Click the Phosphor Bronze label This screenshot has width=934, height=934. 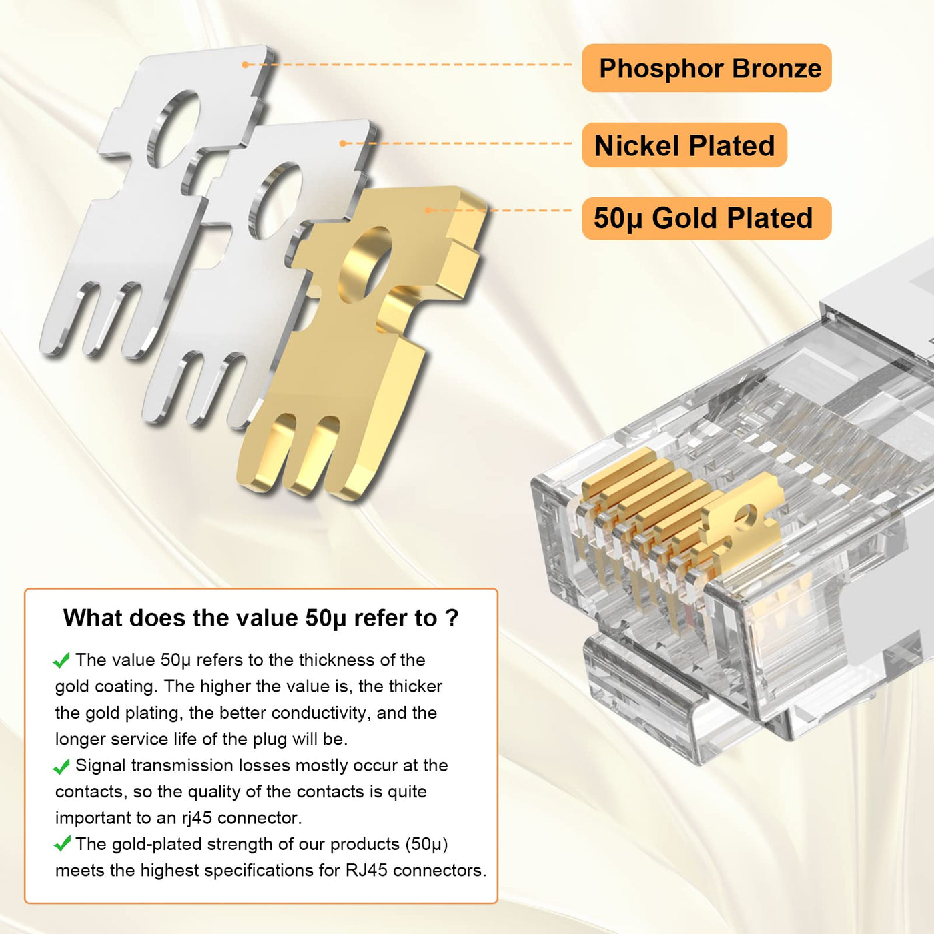tap(707, 68)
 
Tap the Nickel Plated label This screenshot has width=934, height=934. tap(684, 145)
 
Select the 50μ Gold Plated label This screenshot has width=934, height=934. tap(707, 218)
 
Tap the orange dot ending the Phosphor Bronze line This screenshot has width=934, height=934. tap(246, 65)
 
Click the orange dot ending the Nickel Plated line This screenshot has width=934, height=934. tap(343, 143)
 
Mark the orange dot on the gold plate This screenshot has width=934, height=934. tap(428, 210)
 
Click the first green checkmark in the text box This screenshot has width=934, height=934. tap(61, 660)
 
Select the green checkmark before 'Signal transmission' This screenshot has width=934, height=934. tap(61, 767)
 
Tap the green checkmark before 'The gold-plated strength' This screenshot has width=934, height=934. tap(61, 845)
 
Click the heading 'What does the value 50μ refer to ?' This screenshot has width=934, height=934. tap(261, 618)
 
